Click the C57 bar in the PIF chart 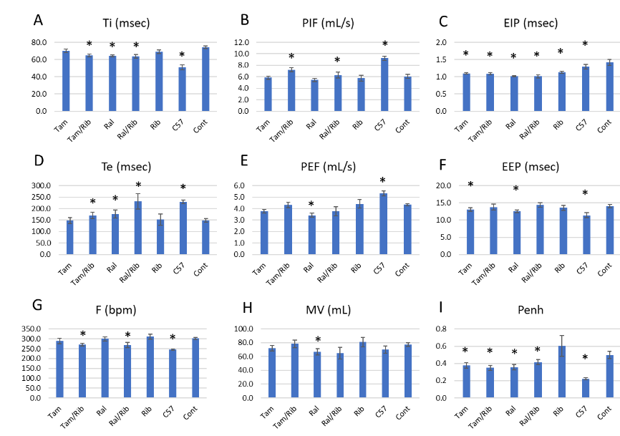[384, 84]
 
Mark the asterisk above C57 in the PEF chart [383, 181]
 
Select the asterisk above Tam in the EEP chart [470, 185]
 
